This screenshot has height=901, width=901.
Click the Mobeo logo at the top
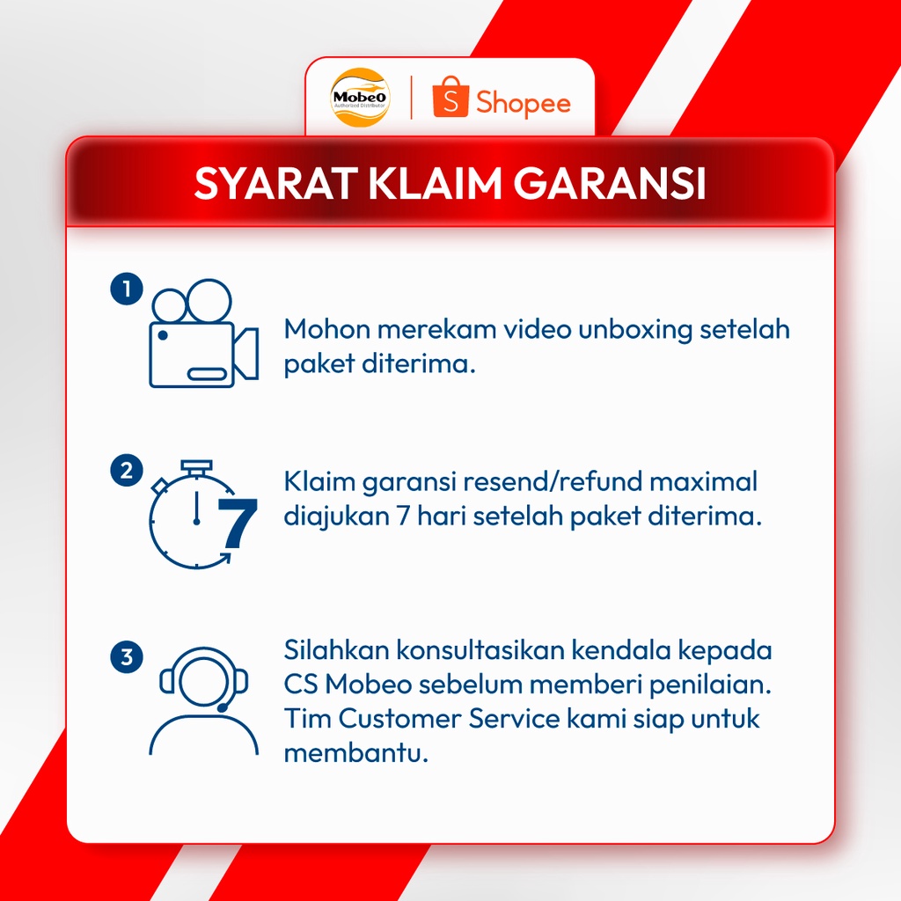358,97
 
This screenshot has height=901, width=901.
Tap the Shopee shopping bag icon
448,99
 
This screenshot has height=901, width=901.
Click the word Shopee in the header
523,102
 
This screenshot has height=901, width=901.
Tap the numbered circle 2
126,471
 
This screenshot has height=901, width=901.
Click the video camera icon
202,334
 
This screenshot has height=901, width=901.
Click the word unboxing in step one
632,330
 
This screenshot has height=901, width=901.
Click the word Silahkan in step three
336,651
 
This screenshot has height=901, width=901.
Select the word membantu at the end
355,753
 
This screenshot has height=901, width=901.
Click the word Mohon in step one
325,330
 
